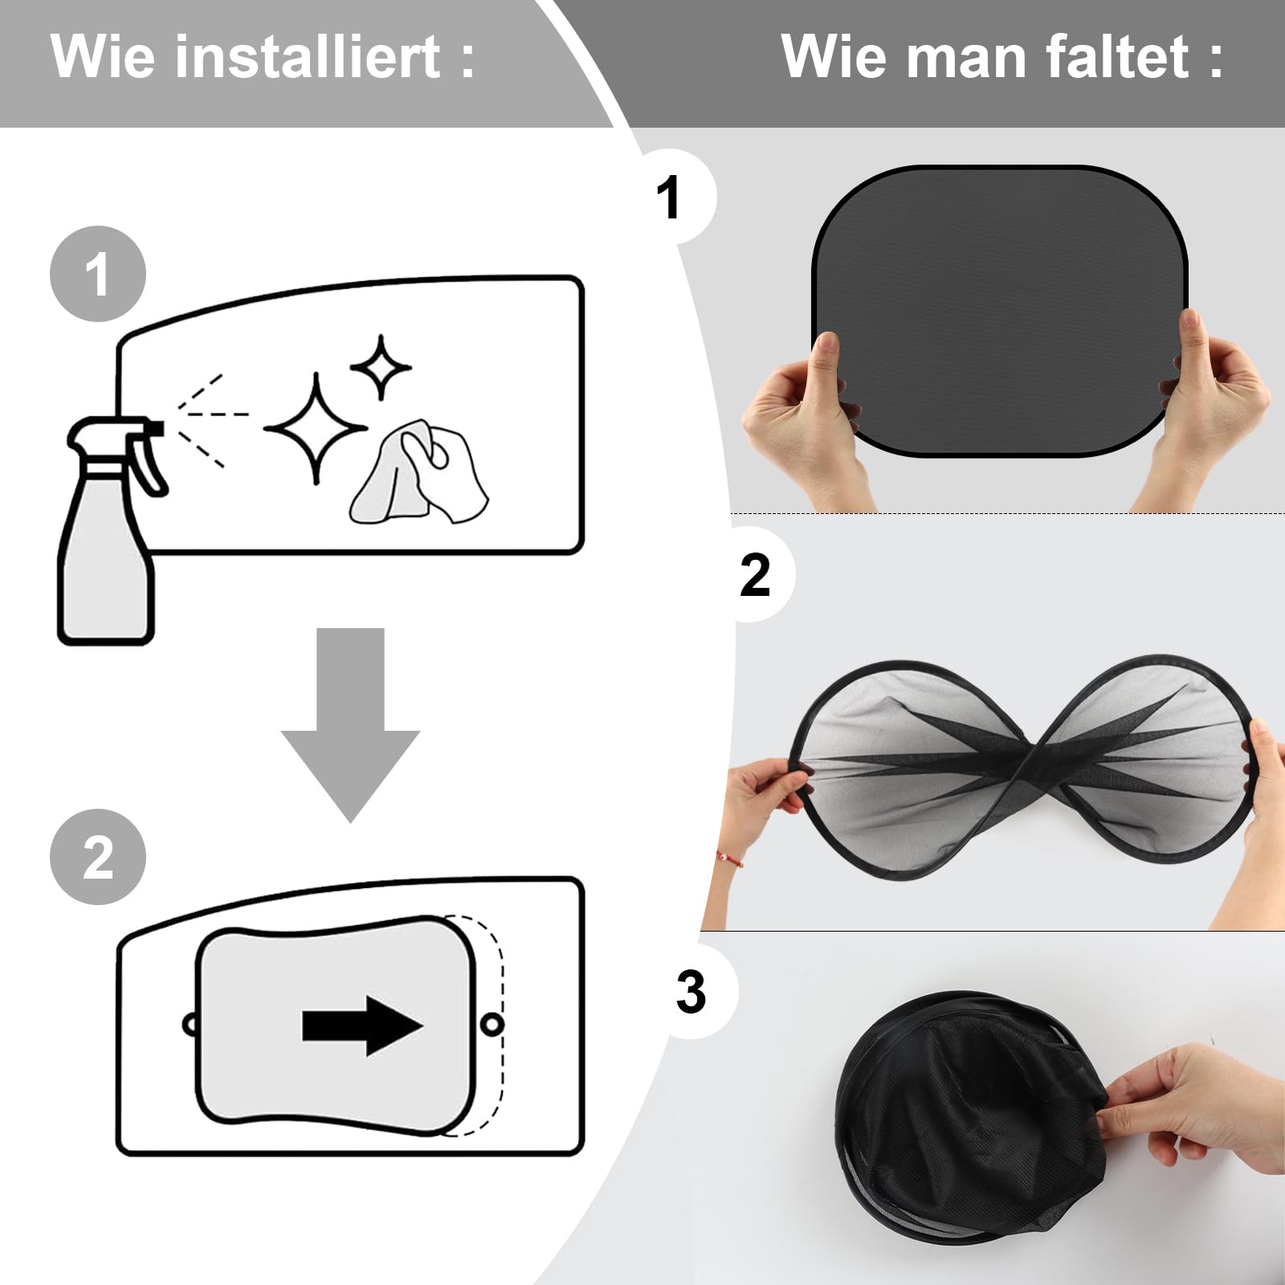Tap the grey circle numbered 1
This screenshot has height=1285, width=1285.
(98, 274)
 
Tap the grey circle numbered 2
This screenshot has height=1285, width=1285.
(98, 857)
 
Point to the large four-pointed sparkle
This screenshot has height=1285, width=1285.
(316, 427)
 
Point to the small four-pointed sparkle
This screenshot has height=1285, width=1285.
(381, 367)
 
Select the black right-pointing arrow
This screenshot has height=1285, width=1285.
(362, 1026)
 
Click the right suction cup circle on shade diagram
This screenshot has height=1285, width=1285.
(492, 1024)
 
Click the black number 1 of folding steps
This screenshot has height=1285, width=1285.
(668, 198)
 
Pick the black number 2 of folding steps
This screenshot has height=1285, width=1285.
(754, 575)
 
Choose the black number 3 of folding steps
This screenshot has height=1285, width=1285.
(691, 993)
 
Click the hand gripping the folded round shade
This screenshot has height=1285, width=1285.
(1197, 1108)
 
